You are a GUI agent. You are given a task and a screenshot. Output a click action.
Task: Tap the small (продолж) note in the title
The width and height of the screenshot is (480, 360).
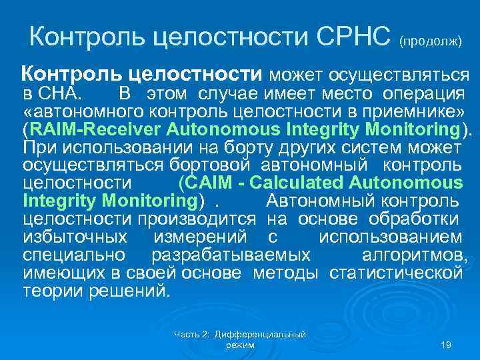coord(430,41)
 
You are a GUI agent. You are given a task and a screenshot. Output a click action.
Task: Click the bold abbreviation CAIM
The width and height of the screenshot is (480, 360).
coord(206,182)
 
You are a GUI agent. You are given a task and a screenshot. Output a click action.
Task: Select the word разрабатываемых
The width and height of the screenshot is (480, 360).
coord(230,255)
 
